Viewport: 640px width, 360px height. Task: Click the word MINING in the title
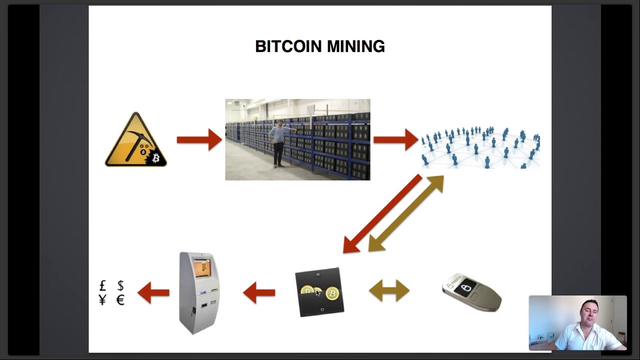coord(355,46)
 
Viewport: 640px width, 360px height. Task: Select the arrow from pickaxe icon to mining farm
coord(199,139)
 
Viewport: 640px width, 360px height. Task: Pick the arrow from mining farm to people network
coord(395,139)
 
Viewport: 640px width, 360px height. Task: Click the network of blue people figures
coord(480,146)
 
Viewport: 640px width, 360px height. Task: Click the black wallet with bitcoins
coord(319,292)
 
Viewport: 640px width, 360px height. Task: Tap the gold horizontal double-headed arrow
coord(389,291)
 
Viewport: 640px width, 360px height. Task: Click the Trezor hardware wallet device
coord(471,292)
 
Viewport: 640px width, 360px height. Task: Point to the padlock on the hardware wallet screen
coord(466,287)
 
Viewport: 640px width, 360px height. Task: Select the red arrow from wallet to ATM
coord(259,292)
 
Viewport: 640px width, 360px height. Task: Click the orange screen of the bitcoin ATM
coord(202,268)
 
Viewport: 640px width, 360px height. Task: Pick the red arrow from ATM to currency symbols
coord(153,292)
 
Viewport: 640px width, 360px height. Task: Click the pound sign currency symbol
coord(103,285)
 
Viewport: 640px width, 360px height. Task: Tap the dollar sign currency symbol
coord(120,285)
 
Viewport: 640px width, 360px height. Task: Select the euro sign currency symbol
coord(120,300)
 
